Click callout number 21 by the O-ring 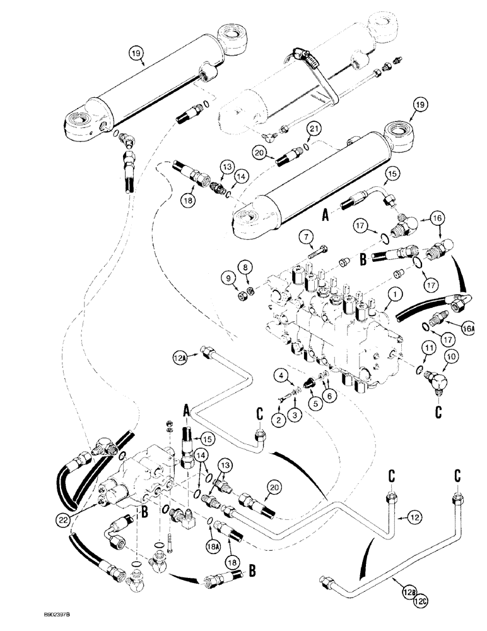312,129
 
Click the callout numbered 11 429,347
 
